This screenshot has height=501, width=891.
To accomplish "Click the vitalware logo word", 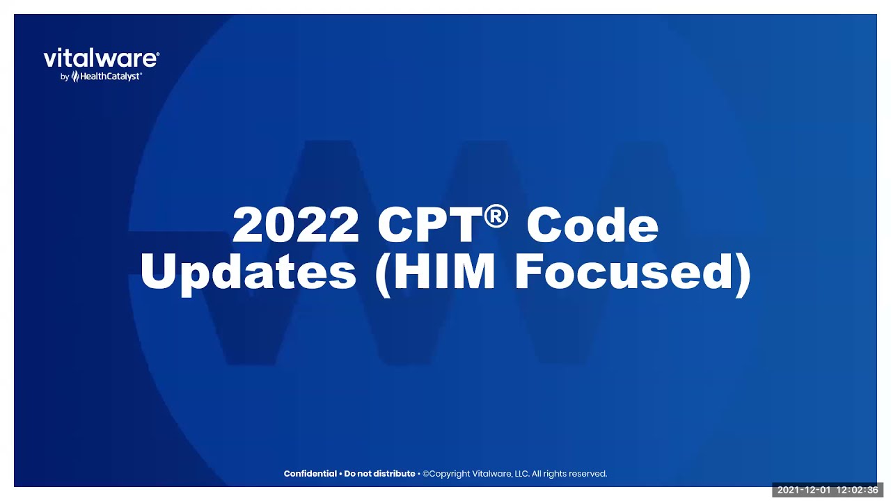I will [101, 58].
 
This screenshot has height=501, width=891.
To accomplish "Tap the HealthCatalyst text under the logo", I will [111, 77].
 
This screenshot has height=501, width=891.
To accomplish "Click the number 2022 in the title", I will [295, 225].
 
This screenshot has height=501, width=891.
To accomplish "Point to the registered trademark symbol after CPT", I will [496, 216].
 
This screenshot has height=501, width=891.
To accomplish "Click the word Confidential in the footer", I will [310, 474].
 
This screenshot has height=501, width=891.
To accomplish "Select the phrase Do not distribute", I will [379, 474].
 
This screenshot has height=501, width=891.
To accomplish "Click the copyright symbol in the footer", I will [426, 474].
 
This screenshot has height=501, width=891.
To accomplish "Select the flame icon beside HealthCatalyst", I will [75, 77].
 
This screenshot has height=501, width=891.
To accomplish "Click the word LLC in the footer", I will [521, 474].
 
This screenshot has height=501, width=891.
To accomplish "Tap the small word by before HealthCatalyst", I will [65, 77].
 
